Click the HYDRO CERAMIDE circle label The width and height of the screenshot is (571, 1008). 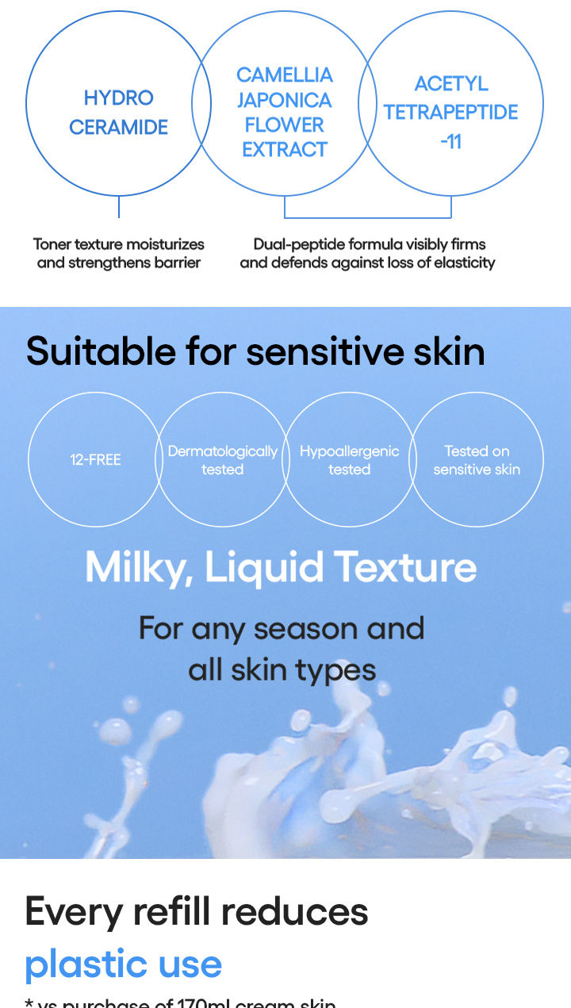(x=118, y=112)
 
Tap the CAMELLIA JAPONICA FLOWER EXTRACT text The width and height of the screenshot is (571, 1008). (x=285, y=112)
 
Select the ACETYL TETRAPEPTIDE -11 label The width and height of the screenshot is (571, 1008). (x=450, y=112)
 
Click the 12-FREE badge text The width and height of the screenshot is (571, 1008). (x=95, y=460)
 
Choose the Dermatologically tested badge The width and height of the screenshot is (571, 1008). (x=222, y=460)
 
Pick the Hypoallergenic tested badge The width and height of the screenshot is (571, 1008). (x=349, y=460)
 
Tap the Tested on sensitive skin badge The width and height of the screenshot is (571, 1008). (x=477, y=460)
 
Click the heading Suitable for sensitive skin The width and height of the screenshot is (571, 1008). (x=255, y=351)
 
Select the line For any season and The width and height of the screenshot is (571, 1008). (x=282, y=629)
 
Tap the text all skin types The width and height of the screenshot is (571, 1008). (x=282, y=670)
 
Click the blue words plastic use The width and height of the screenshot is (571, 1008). (x=123, y=964)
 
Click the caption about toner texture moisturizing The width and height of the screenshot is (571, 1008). (x=119, y=253)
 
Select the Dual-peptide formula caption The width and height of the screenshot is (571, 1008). (x=368, y=253)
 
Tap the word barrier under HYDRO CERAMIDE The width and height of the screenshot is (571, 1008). (x=179, y=263)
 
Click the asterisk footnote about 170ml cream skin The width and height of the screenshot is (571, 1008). (x=181, y=1002)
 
